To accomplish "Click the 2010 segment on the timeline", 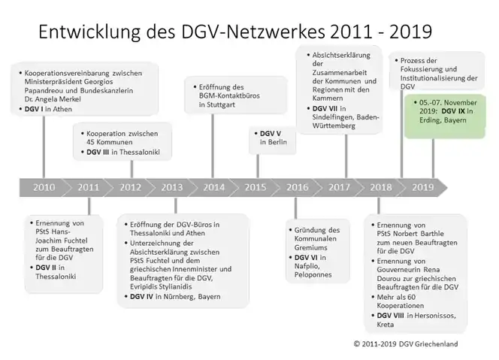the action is pos(44,187).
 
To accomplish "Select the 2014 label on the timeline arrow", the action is pos(214,187).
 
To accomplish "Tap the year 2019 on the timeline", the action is pos(422,187).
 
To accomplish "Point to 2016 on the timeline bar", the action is pos(298,187).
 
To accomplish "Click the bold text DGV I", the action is pos(34,109).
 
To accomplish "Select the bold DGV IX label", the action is pos(453,111).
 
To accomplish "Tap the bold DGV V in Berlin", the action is pos(271,134).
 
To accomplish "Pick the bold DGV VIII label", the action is pos(391,316).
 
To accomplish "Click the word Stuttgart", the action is pos(221,104).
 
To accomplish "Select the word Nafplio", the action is pos(307,266).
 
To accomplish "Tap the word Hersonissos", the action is pos(436,316).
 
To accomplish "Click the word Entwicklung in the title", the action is pos(89,32).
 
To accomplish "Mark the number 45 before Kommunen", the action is pos(91,142).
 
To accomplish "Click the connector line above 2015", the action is pos(258,166).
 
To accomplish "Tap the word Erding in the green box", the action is pos(428,120).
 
